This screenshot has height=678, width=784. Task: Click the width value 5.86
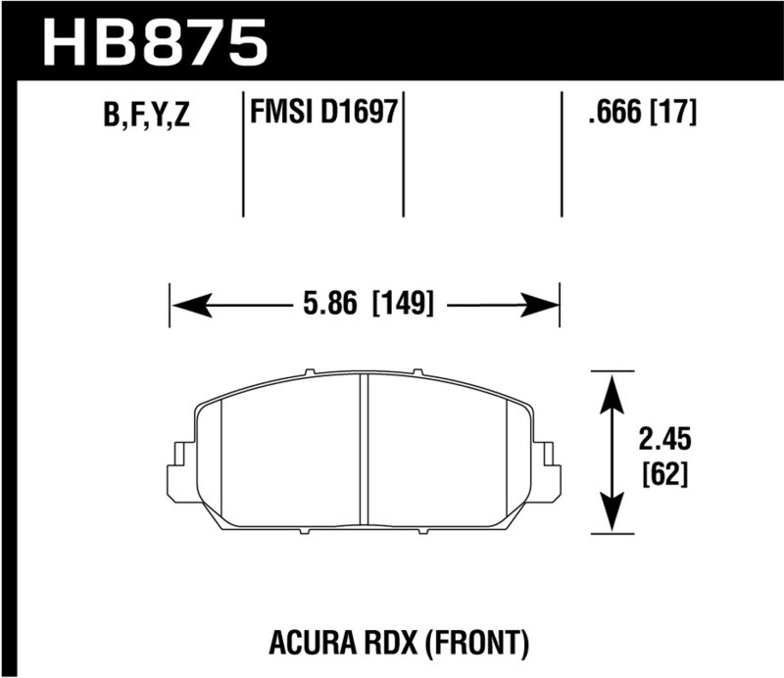[325, 305]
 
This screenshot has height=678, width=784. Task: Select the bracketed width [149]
[402, 305]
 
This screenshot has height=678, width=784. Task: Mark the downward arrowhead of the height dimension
[612, 515]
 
